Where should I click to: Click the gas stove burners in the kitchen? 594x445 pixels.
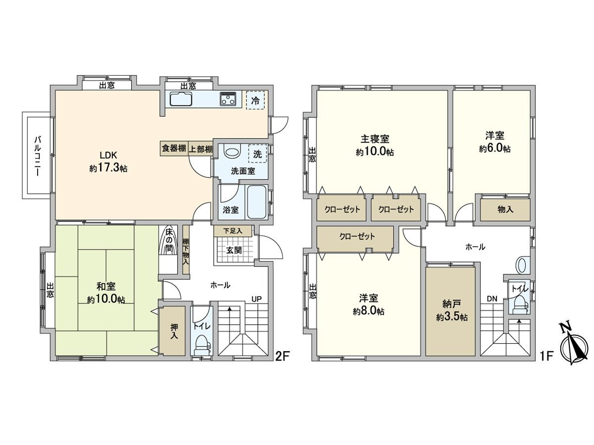point(229,99)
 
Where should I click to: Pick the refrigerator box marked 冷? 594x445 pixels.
point(255,99)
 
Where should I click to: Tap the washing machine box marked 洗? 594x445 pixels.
point(257,154)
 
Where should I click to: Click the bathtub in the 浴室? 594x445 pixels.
point(257,202)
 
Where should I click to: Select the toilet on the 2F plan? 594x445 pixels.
point(202,341)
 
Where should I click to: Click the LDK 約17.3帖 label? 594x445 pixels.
point(108,161)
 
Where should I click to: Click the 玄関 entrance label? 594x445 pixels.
point(234,250)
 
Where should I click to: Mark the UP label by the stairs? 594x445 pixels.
point(256,299)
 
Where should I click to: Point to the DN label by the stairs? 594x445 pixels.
point(492,299)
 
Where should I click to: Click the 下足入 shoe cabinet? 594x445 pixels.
point(233,230)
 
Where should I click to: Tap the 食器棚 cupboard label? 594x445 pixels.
point(174,149)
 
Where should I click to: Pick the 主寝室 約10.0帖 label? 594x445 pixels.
point(375,145)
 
